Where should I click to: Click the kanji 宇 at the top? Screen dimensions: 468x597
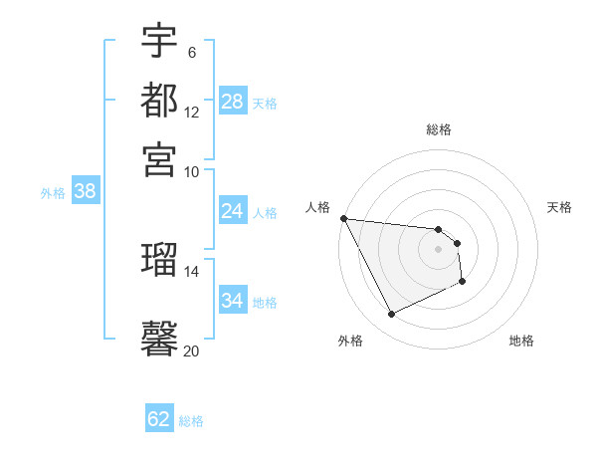click(159, 41)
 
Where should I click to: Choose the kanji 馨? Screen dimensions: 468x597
click(159, 338)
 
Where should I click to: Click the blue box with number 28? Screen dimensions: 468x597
click(233, 102)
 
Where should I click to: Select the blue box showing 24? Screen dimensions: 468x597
click(233, 211)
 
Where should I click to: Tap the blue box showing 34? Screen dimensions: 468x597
click(233, 301)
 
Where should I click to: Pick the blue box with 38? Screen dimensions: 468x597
click(85, 192)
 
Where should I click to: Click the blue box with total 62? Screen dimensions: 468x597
click(159, 419)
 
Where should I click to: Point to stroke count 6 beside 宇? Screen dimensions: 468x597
click(191, 52)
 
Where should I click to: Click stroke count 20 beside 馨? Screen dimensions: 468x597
click(191, 351)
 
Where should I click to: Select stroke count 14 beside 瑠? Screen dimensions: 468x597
click(191, 270)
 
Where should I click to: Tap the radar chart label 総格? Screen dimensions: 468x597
click(438, 129)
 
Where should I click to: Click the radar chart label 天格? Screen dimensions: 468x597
click(559, 207)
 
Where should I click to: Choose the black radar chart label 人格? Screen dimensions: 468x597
click(318, 207)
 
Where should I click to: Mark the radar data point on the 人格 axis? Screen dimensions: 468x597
click(343, 218)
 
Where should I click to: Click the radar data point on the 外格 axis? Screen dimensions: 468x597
click(391, 315)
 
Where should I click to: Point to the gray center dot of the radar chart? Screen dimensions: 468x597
click(438, 249)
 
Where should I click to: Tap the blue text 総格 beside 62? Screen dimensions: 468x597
click(192, 421)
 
